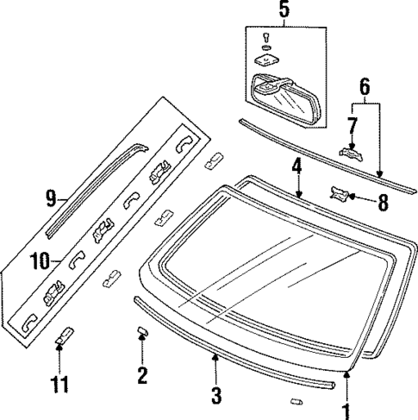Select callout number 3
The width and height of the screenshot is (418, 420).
pyautogui.click(x=216, y=396)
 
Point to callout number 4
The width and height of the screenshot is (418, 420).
pyautogui.click(x=296, y=165)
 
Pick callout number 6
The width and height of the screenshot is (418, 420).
pyautogui.click(x=364, y=85)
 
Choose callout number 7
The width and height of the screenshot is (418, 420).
pyautogui.click(x=352, y=126)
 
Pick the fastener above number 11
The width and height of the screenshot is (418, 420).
pyautogui.click(x=62, y=335)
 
